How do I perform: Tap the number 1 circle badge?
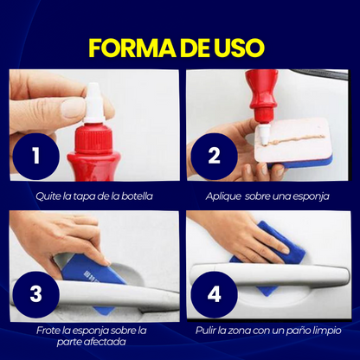[36, 157]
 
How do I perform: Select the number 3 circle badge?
[36, 293]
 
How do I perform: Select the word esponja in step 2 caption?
[311, 196]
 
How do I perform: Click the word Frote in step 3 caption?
[50, 330]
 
